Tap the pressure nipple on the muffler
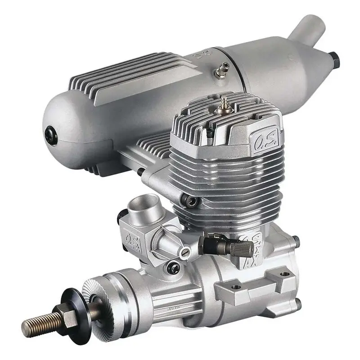(x=222, y=69)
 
